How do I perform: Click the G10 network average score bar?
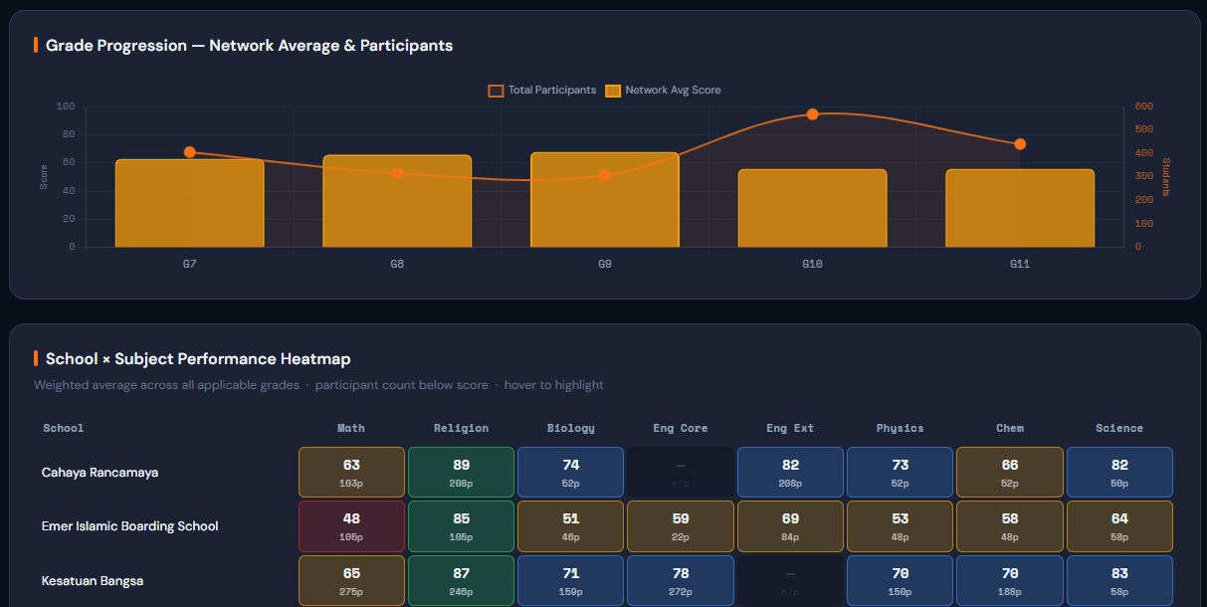tap(812, 208)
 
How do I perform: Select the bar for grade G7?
tap(189, 203)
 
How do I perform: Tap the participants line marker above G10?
tap(812, 114)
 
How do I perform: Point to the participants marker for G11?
tap(1020, 144)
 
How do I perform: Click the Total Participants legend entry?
tap(542, 91)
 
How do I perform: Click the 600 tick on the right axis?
tap(1143, 106)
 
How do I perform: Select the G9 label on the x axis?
tap(604, 264)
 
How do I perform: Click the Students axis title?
tap(1166, 176)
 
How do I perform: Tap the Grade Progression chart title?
tap(249, 46)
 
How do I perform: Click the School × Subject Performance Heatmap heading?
tap(198, 359)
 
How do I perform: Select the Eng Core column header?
tap(680, 428)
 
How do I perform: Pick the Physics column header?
tap(900, 428)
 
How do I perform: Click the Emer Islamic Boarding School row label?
tap(129, 526)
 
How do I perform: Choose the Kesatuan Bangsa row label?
tap(93, 581)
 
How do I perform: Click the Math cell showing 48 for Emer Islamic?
tap(351, 526)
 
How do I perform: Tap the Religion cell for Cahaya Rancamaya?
tap(461, 472)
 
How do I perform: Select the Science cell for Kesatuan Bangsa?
tap(1119, 581)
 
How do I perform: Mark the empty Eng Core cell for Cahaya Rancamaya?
tap(680, 472)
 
